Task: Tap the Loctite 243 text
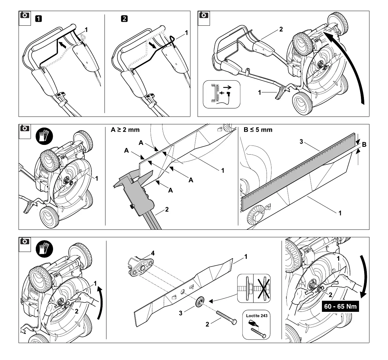[x=256, y=316]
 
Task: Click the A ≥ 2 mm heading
[x=125, y=130]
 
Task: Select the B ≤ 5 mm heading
[x=258, y=130]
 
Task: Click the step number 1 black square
[x=38, y=19]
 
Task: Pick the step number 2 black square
[x=124, y=19]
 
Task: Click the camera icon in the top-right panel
[x=204, y=15]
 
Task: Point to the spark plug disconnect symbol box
[x=221, y=94]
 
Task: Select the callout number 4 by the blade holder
[x=153, y=253]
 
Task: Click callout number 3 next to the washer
[x=181, y=313]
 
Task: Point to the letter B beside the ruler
[x=364, y=145]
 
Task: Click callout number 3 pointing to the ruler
[x=301, y=142]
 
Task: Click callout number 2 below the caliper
[x=167, y=210]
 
